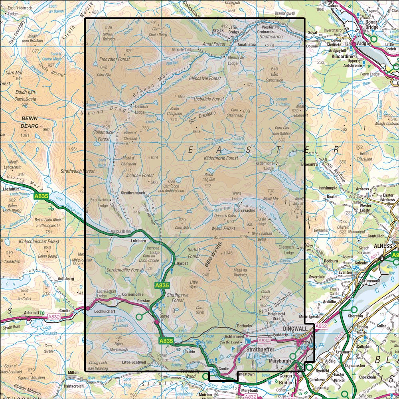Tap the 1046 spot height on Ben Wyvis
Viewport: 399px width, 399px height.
(x=228, y=253)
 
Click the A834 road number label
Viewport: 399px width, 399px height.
(x=264, y=341)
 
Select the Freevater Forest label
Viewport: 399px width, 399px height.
(x=114, y=59)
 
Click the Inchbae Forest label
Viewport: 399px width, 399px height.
(x=140, y=176)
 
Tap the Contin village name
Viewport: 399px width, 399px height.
(x=224, y=369)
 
